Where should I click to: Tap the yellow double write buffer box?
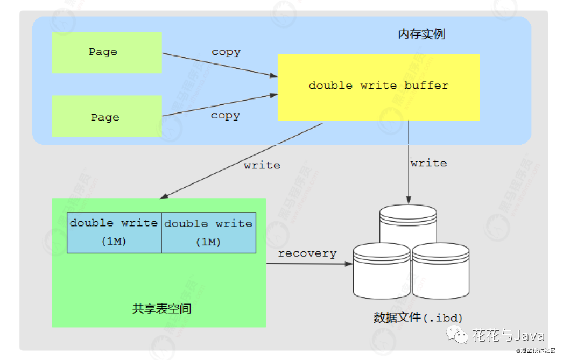[378, 86]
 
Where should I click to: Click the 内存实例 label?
[421, 34]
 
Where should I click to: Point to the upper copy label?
[226, 52]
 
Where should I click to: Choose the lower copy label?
[225, 116]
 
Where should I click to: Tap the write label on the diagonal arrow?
[262, 165]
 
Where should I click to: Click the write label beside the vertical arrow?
[428, 163]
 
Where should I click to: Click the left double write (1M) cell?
[114, 232]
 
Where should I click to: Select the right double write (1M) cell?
[208, 232]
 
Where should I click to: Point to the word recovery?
[307, 253]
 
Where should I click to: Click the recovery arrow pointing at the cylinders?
[309, 264]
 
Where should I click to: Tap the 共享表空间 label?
[161, 309]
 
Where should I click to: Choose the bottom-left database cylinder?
[381, 272]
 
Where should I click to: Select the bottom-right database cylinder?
[441, 272]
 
